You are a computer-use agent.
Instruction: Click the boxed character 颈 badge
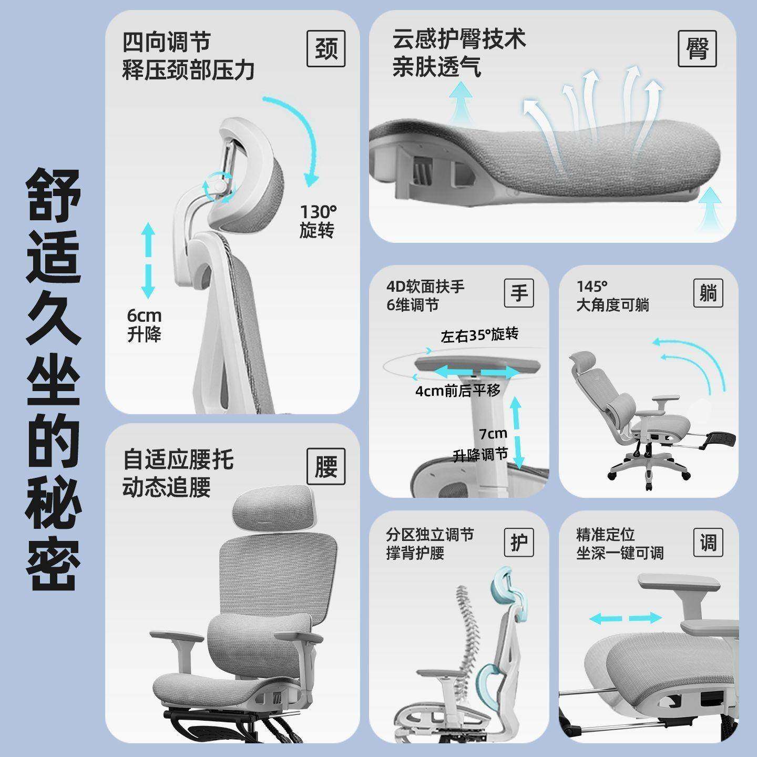coord(326,49)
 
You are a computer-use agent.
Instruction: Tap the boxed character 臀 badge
coord(697,49)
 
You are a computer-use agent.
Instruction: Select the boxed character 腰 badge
coord(326,466)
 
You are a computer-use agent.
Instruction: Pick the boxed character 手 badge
coord(519,293)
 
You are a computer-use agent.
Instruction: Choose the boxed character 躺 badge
coord(708,293)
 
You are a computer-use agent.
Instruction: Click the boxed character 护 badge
coord(519,543)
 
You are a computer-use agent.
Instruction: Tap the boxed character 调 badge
coord(708,543)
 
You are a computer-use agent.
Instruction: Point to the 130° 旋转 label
coord(318,221)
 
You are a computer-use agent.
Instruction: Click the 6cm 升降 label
coord(144,325)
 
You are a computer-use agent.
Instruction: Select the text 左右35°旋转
coord(479,335)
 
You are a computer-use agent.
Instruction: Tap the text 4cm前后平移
coord(457,391)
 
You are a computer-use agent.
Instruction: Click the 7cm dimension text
coord(493,434)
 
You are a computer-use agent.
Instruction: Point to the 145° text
coord(592,287)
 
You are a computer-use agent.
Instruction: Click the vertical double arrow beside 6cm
coord(148,261)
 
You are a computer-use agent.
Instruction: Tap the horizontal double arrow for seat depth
coord(625,618)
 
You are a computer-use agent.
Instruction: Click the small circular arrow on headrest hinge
coord(218,187)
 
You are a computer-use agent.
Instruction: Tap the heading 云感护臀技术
coord(459,39)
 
